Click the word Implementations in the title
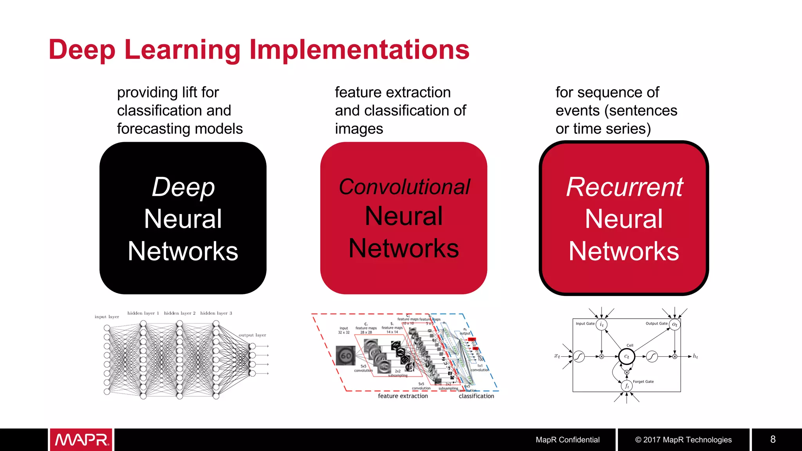coord(359,50)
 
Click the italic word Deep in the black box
coord(183,187)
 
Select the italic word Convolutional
coord(404,187)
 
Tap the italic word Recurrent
coord(624,187)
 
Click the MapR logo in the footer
coord(81,440)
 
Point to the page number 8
coord(773,439)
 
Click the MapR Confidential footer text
coord(567,440)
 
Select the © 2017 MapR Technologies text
coord(683,440)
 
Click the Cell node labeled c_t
coord(627,356)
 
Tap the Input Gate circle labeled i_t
coord(601,325)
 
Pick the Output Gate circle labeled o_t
coord(674,325)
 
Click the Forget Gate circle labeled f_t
coord(627,386)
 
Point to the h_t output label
coord(695,356)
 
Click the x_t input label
coord(557,356)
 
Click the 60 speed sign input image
coord(346,355)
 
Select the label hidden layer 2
coord(179,313)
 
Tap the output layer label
coord(252,335)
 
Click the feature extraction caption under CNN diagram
coord(403,396)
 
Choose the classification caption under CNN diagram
coord(476,396)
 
